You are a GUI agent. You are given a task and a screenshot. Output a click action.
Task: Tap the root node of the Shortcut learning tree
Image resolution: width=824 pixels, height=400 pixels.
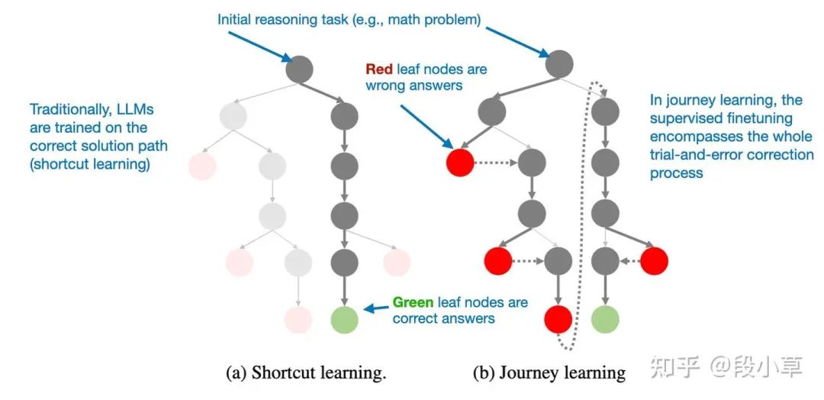point(300,69)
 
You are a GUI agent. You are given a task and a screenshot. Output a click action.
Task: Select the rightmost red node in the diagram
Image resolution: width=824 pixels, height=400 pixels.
point(654,261)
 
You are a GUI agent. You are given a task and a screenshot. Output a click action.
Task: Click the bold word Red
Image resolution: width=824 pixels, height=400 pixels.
point(379,69)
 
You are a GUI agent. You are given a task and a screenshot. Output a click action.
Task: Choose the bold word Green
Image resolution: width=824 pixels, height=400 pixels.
point(412,302)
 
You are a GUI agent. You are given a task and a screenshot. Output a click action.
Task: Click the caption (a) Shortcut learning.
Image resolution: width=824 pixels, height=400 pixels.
point(307,373)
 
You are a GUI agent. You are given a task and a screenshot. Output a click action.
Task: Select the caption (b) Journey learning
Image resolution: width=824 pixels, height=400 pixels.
point(549,373)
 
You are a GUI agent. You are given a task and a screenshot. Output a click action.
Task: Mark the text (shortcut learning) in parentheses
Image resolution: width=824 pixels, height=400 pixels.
point(89,163)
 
